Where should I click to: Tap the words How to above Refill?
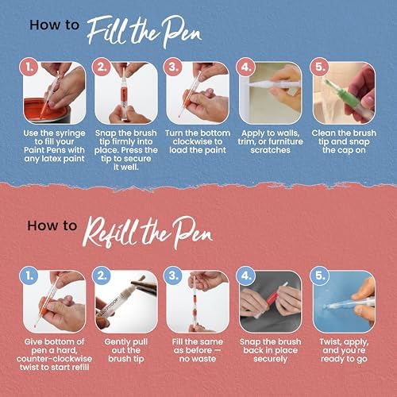[x=54, y=225]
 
